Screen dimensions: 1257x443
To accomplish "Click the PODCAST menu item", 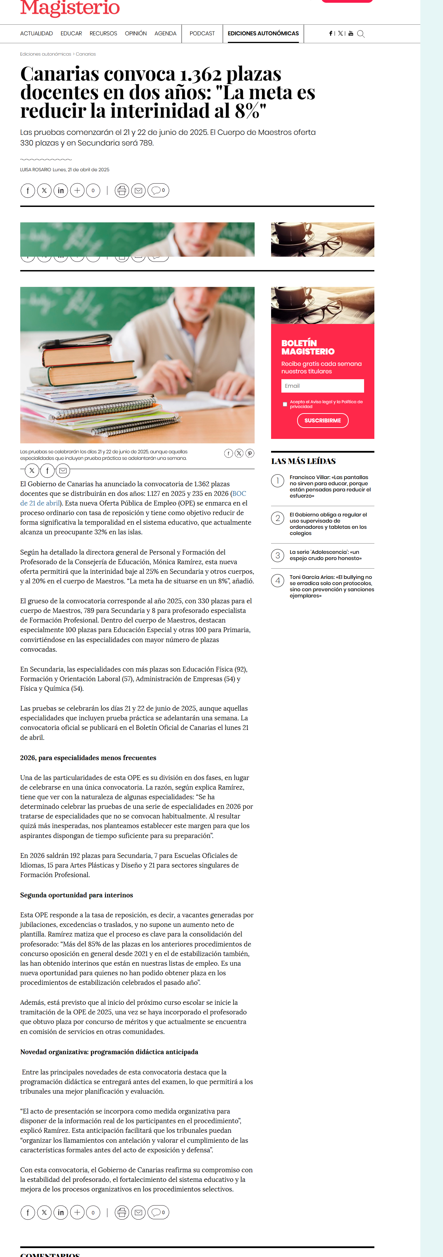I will tap(202, 34).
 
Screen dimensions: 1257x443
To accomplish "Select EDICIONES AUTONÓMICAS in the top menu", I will tap(263, 34).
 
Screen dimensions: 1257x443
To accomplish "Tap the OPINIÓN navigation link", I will tap(136, 34).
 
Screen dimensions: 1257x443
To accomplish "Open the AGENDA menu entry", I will tap(165, 34).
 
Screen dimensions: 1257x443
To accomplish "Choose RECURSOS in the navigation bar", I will tap(103, 34).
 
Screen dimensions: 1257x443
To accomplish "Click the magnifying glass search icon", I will tap(361, 34).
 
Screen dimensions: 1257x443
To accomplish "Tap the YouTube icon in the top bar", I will tap(351, 34).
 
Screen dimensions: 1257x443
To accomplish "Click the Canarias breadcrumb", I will tap(86, 54).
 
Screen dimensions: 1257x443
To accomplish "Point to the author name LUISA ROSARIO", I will tap(35, 170).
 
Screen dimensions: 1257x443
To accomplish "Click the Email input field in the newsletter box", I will tap(323, 386).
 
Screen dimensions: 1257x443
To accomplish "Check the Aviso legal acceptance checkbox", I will tap(285, 404).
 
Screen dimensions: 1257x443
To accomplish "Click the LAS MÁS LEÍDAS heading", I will tap(303, 461).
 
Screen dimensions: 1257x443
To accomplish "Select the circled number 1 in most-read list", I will tap(278, 481).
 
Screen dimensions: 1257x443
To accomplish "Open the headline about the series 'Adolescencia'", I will tap(325, 555).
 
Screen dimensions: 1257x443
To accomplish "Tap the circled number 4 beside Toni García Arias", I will tap(278, 580).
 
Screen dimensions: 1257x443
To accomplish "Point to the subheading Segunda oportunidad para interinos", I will tap(77, 895).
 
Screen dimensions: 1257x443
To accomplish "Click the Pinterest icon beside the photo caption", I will tap(250, 453).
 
